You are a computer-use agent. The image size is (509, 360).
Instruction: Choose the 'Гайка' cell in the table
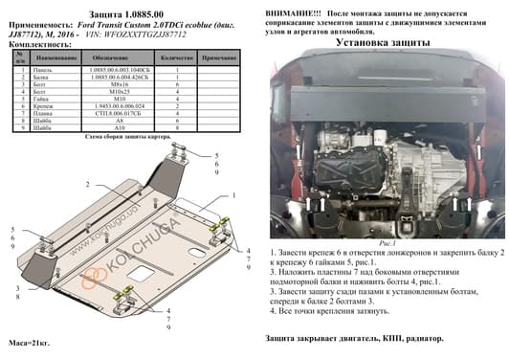42,101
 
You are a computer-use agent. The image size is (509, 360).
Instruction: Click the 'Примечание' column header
219,59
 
